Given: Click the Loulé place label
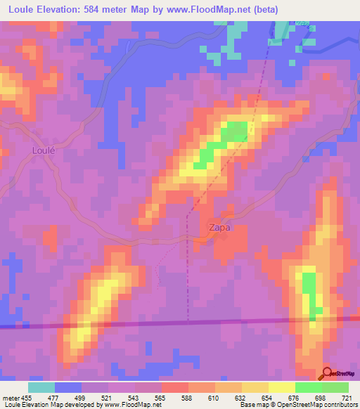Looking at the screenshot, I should tap(44, 150).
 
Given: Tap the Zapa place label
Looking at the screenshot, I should tap(219, 228).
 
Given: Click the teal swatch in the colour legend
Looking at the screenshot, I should tap(41, 387).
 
